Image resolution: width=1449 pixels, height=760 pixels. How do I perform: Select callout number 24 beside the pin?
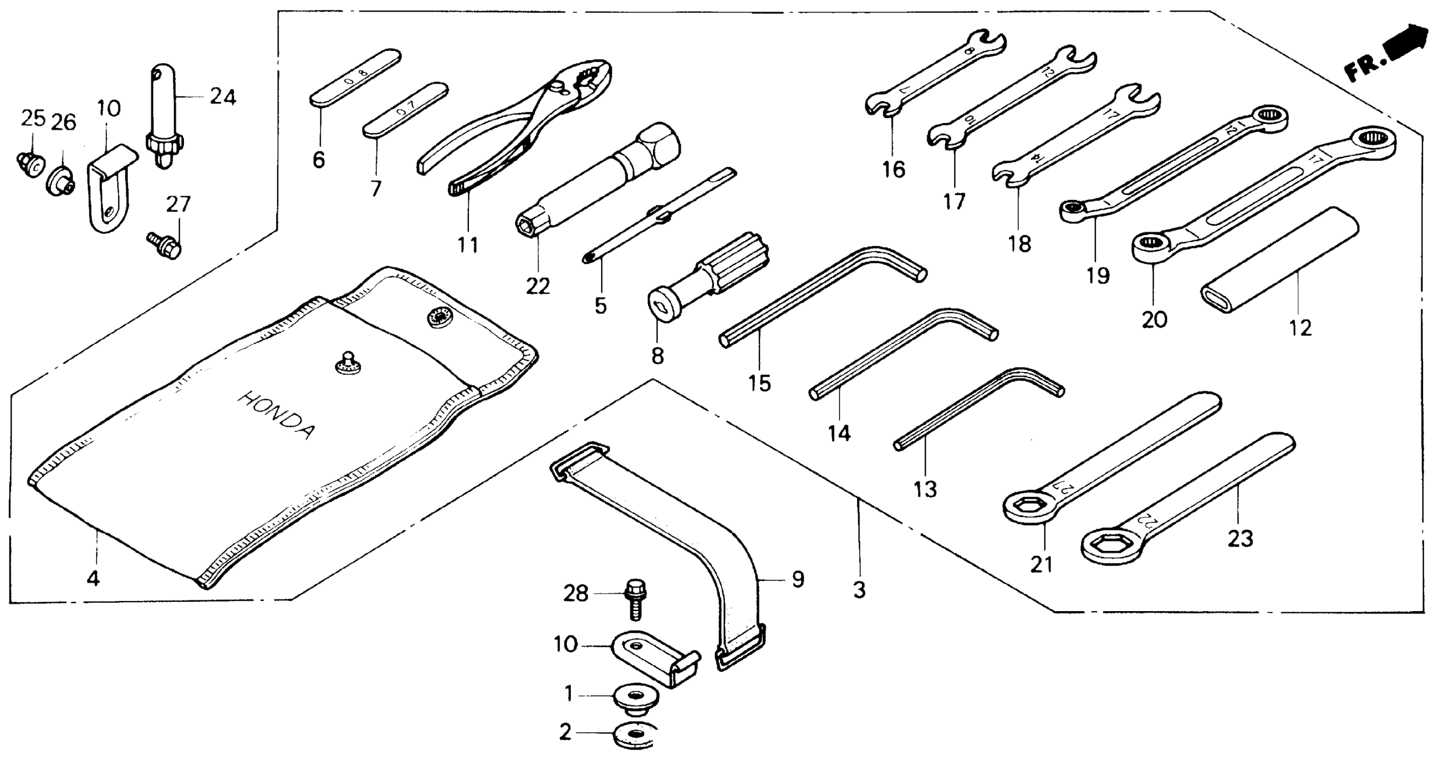point(223,97)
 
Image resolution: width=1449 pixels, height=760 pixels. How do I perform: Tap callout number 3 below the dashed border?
point(859,591)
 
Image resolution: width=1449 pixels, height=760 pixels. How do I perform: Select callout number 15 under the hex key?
point(759,384)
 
